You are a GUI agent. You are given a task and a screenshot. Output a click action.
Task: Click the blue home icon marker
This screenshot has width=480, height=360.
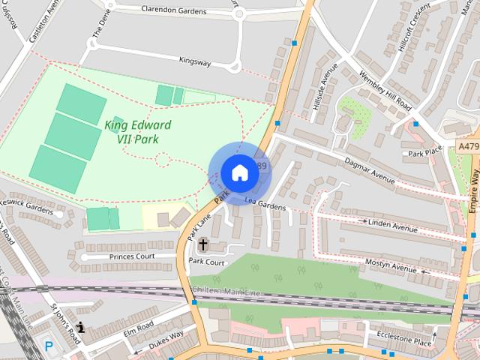pos(239,173)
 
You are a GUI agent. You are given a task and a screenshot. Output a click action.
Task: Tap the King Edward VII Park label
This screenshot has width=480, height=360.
pos(137,131)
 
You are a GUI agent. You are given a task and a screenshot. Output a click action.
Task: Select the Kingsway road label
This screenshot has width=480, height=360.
pos(195,61)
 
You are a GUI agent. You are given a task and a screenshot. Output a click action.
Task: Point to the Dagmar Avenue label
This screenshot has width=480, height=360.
pos(369,170)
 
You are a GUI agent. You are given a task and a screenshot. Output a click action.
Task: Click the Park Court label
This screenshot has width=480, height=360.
pos(206,262)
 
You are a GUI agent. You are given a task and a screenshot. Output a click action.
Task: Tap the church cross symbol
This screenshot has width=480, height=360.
pos(202,244)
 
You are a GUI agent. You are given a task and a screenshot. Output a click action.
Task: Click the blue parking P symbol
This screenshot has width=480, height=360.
pos(49,346)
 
